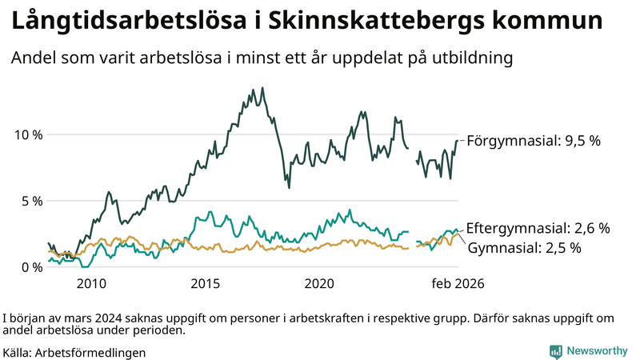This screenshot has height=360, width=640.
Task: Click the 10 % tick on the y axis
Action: click(28, 134)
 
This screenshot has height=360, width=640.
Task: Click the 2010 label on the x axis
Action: click(91, 284)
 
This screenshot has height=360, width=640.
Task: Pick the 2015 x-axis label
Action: click(206, 284)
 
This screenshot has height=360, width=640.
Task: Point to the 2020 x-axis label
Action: click(320, 284)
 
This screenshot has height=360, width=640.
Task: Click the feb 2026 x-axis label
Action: click(458, 284)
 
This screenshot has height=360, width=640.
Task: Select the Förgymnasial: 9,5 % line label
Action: click(533, 141)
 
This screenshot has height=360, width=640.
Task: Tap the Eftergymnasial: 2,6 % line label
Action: click(538, 229)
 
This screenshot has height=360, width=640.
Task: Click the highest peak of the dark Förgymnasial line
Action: click(263, 88)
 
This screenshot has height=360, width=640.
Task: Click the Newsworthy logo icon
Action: click(555, 351)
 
